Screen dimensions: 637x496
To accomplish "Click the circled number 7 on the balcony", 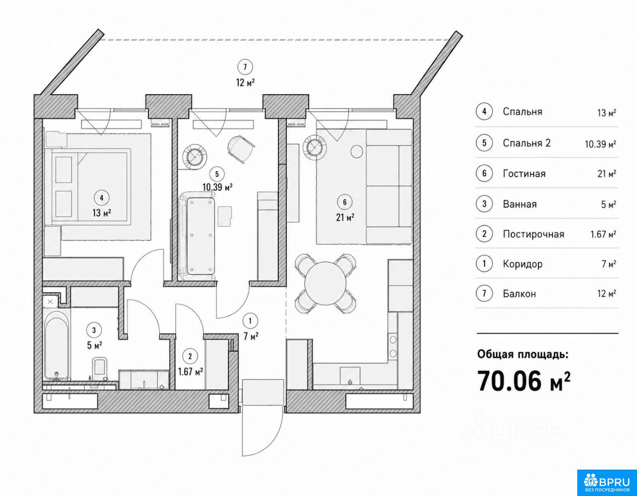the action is tap(245, 67).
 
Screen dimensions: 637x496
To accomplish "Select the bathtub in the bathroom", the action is tap(57, 346).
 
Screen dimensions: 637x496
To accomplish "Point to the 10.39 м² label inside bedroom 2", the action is tap(217, 187).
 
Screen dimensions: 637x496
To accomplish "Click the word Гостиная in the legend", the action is tap(524, 174).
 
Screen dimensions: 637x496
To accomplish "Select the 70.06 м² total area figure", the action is tap(524, 380).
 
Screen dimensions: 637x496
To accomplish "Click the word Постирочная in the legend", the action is tap(533, 234).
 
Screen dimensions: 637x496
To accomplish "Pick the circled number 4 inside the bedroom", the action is tap(102, 198).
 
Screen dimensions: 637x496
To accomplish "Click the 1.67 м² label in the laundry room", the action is tap(191, 372).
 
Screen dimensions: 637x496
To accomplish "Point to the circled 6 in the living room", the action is tap(345, 202).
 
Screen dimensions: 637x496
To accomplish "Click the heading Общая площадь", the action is tap(523, 354).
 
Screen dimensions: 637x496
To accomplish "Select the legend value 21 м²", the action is tap(607, 174).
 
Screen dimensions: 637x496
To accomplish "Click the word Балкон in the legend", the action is tap(520, 294).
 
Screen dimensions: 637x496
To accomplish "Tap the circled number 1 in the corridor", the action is tap(250, 321).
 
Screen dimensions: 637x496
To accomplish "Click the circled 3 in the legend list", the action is tap(484, 204).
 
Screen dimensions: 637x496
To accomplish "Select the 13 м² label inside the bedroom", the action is tap(102, 213).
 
